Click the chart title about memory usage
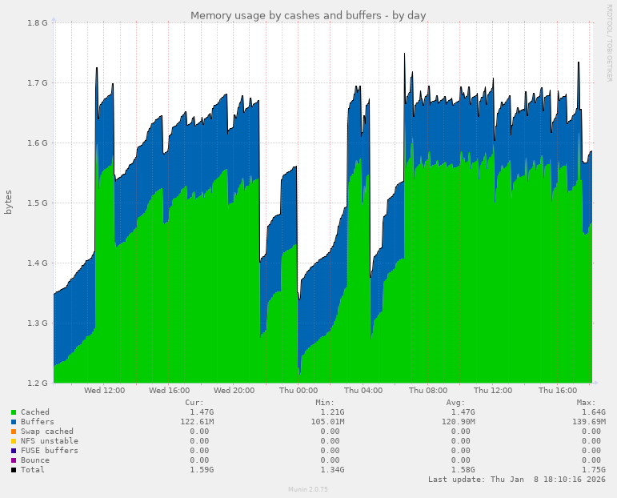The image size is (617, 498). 308,15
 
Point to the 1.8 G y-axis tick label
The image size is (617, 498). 38,22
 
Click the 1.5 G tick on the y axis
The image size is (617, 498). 38,203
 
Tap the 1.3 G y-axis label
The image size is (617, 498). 38,323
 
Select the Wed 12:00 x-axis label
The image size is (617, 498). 104,391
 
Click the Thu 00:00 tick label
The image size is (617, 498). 298,391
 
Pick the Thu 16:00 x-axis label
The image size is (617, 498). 558,391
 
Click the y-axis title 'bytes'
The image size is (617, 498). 9,202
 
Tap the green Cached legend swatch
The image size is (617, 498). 14,412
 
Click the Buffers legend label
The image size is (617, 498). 38,422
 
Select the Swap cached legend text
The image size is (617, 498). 47,432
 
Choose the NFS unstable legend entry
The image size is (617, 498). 50,441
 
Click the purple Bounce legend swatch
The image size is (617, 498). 14,460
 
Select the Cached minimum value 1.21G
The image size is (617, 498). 330,412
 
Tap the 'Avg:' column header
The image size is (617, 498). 455,403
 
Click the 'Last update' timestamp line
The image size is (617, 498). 516,480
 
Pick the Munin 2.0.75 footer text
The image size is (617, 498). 308,489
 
